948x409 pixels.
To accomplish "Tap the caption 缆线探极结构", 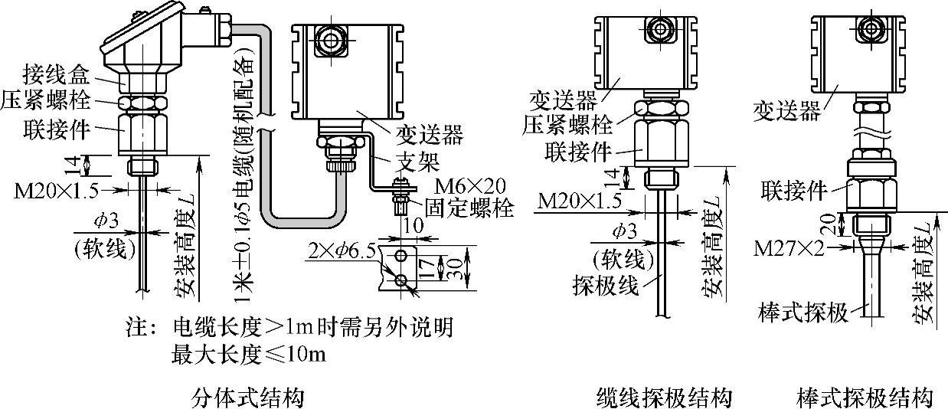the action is (x=664, y=398).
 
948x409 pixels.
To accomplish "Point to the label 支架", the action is (x=415, y=161).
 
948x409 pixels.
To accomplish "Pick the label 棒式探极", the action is (x=799, y=313).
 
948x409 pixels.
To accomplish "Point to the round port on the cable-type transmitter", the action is (x=659, y=29).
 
